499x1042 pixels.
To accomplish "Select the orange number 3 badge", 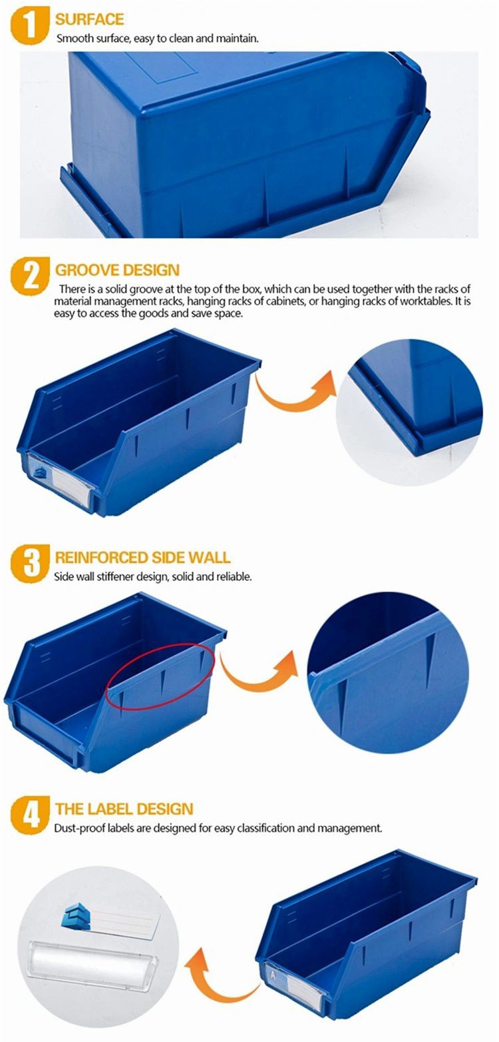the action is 29,564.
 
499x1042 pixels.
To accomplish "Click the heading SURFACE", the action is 90,19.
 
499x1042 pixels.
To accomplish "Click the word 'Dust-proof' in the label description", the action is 80,829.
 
